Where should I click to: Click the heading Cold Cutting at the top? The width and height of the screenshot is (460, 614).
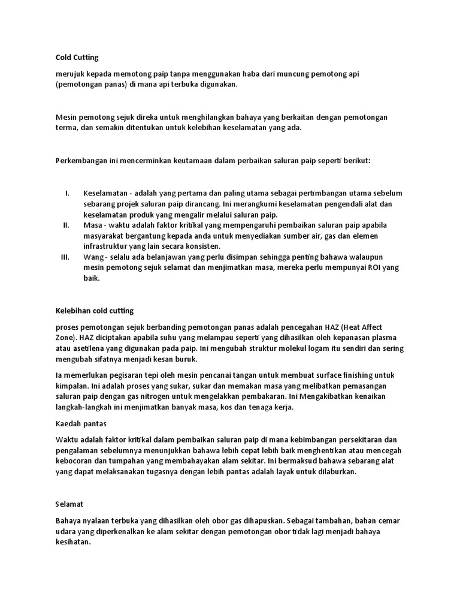click(77, 58)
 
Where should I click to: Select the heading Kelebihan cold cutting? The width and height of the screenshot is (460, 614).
click(95, 311)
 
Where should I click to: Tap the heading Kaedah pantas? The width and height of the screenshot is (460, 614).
click(81, 423)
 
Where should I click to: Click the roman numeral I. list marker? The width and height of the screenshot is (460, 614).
click(67, 193)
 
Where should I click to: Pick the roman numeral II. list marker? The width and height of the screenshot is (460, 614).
click(66, 225)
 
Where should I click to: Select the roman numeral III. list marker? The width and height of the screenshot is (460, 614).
click(66, 257)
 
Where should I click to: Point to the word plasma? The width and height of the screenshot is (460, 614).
click(388, 338)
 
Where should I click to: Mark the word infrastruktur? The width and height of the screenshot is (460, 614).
click(107, 246)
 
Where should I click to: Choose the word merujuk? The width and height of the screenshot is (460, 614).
click(69, 74)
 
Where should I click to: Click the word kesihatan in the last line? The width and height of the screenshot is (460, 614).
click(72, 542)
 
